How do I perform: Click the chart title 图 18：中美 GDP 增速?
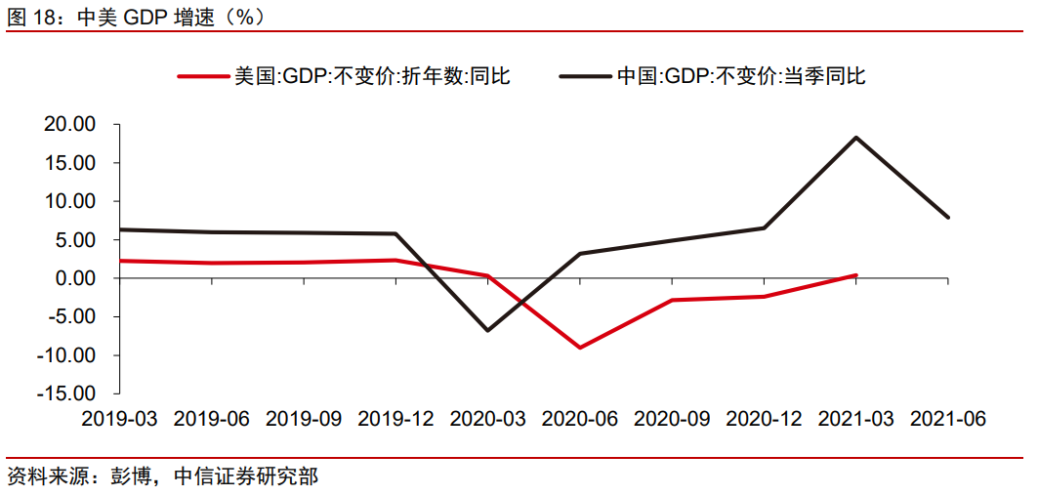[x=136, y=16]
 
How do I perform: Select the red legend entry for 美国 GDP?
[x=344, y=75]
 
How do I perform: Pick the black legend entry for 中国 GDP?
[x=712, y=75]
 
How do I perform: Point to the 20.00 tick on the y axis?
[x=69, y=125]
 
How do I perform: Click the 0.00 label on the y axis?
[x=74, y=278]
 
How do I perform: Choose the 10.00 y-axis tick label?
[x=69, y=201]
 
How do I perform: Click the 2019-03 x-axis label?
[x=119, y=419]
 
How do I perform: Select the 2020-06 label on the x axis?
[x=580, y=419]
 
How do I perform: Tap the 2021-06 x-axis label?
[x=948, y=419]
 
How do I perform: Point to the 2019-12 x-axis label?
[x=395, y=419]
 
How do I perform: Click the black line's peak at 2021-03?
[x=856, y=138]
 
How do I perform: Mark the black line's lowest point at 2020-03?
[x=487, y=330]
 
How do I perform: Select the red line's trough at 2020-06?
[x=580, y=348]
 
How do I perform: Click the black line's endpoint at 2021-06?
[x=948, y=218]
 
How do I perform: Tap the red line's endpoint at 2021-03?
[x=856, y=275]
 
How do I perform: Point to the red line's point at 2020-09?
[x=672, y=300]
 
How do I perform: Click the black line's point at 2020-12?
[x=764, y=228]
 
